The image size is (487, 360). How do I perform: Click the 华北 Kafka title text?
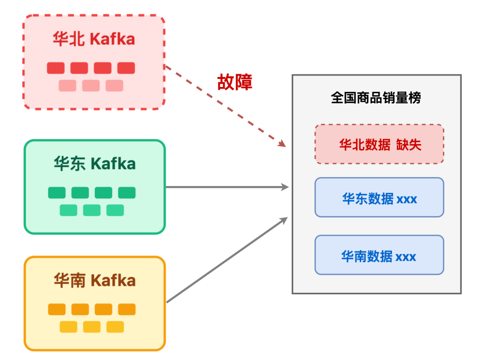[x=94, y=39]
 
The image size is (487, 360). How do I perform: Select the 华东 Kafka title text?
[x=95, y=164]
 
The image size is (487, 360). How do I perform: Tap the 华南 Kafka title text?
[x=95, y=281]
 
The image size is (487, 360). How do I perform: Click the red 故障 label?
[x=234, y=82]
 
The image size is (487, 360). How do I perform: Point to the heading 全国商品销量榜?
[x=376, y=98]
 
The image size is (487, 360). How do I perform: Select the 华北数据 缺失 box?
[x=379, y=144]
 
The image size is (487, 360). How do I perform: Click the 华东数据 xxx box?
[x=379, y=197]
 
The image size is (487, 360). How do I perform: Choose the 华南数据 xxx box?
[x=379, y=255]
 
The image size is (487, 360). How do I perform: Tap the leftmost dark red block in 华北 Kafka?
[x=56, y=68]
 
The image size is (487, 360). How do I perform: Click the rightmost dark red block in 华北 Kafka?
[x=126, y=68]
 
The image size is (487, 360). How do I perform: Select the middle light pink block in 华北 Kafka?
[x=91, y=86]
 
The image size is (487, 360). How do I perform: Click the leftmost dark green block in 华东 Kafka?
[x=57, y=193]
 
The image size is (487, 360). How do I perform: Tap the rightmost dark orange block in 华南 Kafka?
[x=127, y=310]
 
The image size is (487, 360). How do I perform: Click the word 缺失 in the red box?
[x=409, y=144]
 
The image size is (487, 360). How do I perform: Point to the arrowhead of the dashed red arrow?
[x=283, y=144]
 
